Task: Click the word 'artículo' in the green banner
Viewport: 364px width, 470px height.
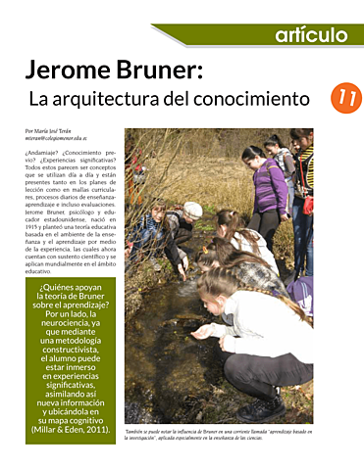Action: [x=310, y=35]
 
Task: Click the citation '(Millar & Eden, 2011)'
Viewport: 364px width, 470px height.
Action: [x=70, y=428]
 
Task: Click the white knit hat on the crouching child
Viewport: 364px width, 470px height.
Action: [x=192, y=209]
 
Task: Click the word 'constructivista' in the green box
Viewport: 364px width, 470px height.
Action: [x=70, y=351]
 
